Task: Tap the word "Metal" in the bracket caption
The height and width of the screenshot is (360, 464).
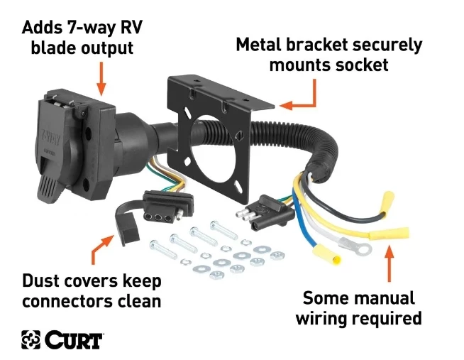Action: click(x=263, y=45)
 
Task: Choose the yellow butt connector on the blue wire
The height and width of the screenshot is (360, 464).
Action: click(x=312, y=250)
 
